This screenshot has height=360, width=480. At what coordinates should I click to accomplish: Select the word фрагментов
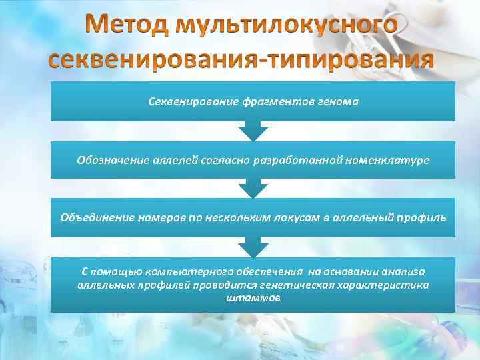[x=264, y=102]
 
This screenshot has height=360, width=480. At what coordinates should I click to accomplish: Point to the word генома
[x=337, y=102]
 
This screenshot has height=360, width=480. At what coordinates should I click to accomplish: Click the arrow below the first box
[x=253, y=131]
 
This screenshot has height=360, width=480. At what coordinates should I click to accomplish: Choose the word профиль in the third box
[x=420, y=217]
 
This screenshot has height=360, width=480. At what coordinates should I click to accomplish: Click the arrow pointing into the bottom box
[x=253, y=248]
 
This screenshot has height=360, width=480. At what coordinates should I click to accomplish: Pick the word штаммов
[x=253, y=297]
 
